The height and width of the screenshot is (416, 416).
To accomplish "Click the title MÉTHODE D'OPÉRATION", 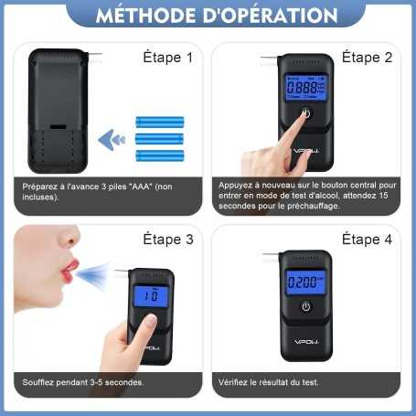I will tap(208, 16).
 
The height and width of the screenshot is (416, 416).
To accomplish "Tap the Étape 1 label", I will tap(167, 58).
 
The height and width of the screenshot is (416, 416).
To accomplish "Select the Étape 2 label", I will tap(367, 58).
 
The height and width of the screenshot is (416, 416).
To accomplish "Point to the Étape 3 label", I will tap(167, 240).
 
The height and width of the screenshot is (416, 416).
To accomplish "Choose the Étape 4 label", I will tap(367, 240).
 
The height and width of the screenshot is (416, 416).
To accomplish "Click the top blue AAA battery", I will tap(159, 121).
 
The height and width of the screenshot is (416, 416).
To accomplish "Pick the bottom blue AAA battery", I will tap(159, 155).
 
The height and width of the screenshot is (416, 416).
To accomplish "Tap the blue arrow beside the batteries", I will tap(112, 139).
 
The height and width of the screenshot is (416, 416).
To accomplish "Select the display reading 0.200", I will tap(305, 281).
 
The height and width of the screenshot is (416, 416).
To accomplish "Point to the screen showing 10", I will tap(151, 296).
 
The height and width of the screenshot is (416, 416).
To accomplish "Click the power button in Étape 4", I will tap(306, 306).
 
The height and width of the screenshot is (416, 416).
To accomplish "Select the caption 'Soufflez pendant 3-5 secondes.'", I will tap(84, 381).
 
